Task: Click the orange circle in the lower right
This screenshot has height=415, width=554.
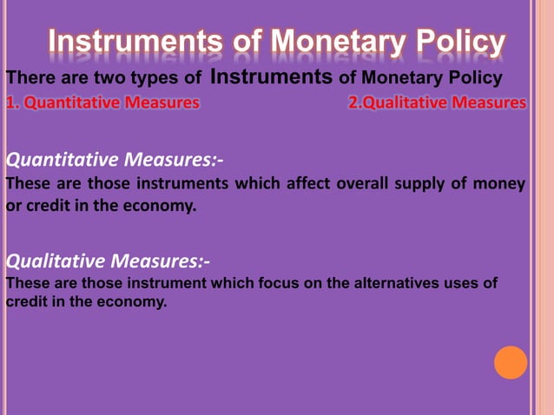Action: (x=511, y=362)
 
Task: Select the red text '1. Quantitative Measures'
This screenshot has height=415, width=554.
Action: (x=102, y=103)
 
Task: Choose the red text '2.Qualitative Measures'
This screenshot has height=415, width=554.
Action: (x=437, y=103)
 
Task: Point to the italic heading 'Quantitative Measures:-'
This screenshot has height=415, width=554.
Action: (x=115, y=160)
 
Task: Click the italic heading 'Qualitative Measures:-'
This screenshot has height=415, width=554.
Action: (x=108, y=260)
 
